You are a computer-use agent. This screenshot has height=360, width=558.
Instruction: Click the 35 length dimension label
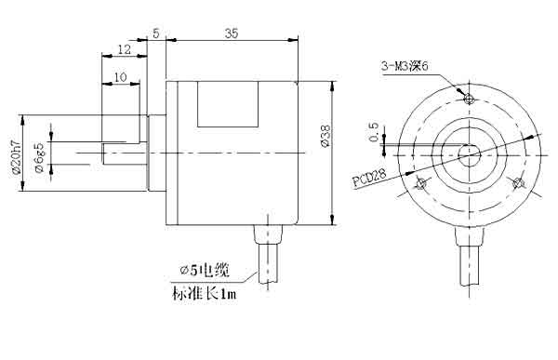point(231,33)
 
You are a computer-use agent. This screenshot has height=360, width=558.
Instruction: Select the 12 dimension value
point(125,49)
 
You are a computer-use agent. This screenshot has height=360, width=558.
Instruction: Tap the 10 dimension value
point(121,77)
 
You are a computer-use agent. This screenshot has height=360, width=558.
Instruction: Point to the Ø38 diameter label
point(325,135)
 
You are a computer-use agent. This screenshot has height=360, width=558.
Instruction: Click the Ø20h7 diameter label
point(17,156)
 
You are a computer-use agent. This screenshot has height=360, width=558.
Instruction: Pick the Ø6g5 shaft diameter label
point(39,157)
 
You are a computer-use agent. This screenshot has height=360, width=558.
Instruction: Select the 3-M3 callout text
point(405,66)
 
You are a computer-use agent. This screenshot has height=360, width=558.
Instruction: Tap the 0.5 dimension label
point(374,132)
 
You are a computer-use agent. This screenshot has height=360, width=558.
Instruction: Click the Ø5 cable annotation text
point(205,271)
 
